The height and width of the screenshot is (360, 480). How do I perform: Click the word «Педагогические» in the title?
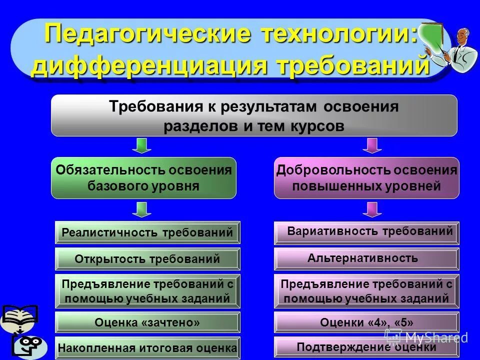click(130, 34)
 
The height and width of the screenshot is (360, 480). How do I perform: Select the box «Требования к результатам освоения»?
click(254, 115)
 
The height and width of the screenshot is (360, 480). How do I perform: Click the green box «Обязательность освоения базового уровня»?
click(143, 178)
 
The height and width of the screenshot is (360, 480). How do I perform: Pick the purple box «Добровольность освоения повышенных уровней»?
click(366, 178)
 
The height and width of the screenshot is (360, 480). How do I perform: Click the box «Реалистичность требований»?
click(147, 232)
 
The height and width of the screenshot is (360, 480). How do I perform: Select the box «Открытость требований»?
click(147, 259)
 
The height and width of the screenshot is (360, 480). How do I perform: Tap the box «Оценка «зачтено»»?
click(147, 323)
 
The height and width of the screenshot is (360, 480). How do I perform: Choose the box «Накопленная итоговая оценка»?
click(147, 347)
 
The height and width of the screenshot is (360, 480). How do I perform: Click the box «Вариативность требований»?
click(366, 232)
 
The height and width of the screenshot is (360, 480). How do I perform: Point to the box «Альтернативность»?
click(366, 258)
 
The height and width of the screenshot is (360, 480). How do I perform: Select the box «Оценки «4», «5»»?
click(366, 322)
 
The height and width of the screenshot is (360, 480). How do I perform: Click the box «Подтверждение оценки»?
click(366, 346)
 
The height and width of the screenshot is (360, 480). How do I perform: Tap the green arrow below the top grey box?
click(141, 145)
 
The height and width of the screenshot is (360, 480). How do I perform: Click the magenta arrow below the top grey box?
click(371, 145)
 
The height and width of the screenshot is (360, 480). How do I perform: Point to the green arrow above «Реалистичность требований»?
click(141, 209)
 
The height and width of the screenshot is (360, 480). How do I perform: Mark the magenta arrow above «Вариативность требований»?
click(371, 209)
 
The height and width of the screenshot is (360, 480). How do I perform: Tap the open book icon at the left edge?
click(19, 317)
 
